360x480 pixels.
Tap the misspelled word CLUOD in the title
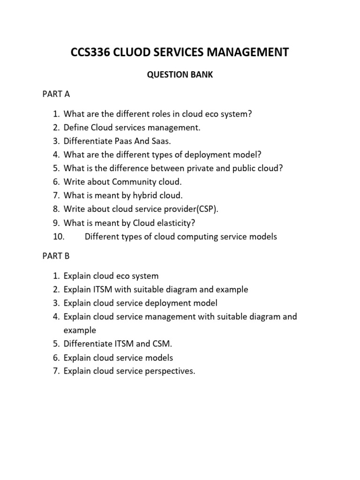(134, 52)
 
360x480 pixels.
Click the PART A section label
(56, 94)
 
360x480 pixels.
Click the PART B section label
(56, 256)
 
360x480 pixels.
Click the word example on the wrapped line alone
(80, 330)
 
